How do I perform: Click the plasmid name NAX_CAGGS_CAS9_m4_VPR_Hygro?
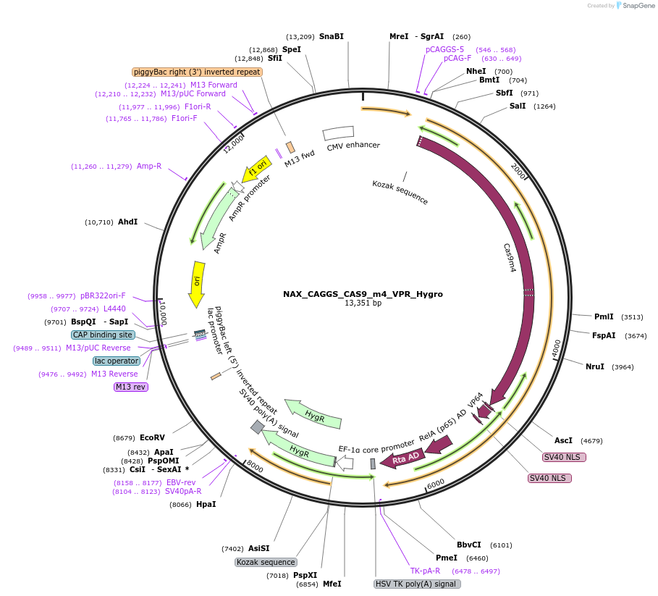tap(363, 294)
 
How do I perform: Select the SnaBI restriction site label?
tap(332, 36)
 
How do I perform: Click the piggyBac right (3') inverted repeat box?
tap(197, 72)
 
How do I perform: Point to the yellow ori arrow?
tap(196, 282)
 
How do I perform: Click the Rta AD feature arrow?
tap(403, 458)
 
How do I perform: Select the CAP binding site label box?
tap(103, 335)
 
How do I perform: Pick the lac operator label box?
tap(117, 361)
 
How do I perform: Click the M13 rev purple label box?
tap(131, 387)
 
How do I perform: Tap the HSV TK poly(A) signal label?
tap(417, 584)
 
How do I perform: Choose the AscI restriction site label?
tap(563, 440)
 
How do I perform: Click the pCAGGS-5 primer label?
tap(444, 49)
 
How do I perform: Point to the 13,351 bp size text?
tap(363, 303)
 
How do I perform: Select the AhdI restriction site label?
tap(127, 222)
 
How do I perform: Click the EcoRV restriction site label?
tap(152, 437)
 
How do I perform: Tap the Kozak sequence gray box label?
tap(266, 562)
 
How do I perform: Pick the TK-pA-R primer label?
tap(425, 571)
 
